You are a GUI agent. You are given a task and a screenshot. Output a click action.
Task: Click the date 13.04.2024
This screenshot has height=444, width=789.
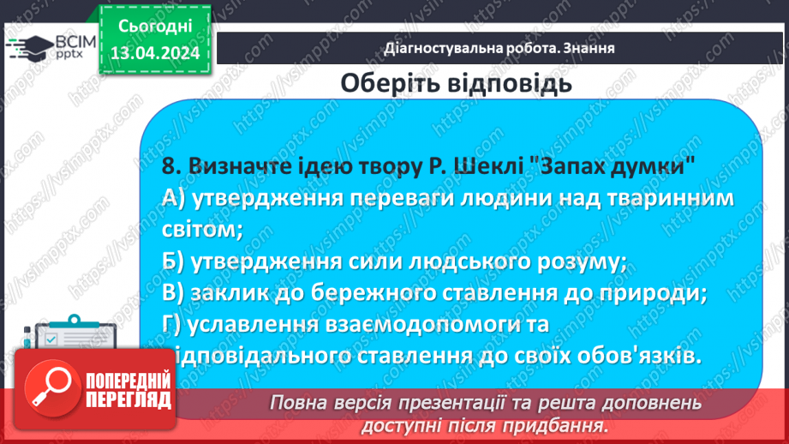tap(154, 53)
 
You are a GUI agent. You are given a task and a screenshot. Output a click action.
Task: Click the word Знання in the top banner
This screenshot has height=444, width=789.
tap(589, 48)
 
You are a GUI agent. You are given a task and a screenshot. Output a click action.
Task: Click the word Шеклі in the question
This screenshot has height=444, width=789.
tap(492, 166)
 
